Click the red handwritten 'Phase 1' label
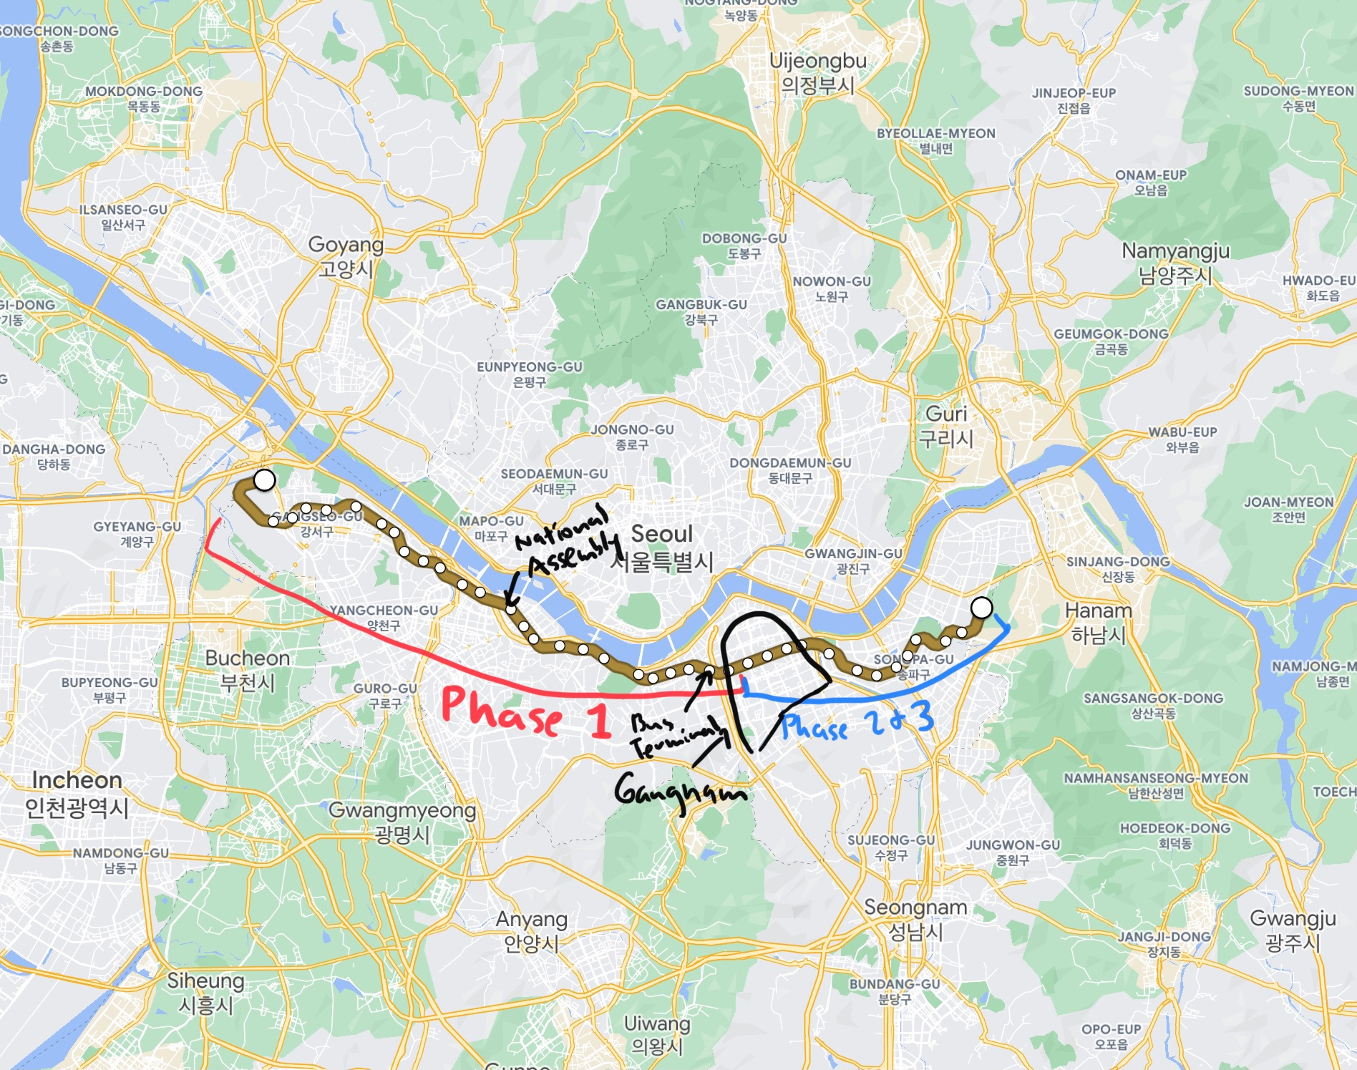coord(526,712)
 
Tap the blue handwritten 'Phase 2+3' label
coord(857,721)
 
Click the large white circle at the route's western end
coord(265,480)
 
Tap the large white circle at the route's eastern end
coord(982,608)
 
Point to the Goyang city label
coord(346,256)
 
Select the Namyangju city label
coord(1175,263)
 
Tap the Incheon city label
coord(77,793)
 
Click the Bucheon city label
coord(248,670)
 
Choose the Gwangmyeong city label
coord(402,822)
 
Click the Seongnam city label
coord(915,919)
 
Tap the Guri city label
coord(946,425)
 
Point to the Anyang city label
coord(532,930)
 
